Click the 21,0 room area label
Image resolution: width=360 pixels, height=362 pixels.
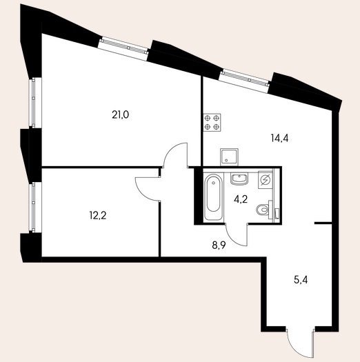click(x=120, y=114)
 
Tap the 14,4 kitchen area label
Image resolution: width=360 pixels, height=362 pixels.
click(x=279, y=139)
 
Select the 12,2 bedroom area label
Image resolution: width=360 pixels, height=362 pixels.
click(x=98, y=216)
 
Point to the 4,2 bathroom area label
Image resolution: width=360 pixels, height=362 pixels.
click(x=241, y=199)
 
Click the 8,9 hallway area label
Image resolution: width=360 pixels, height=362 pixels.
click(x=219, y=245)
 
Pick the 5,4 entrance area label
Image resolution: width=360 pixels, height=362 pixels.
click(x=301, y=280)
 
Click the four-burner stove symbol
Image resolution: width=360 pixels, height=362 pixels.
click(x=212, y=122)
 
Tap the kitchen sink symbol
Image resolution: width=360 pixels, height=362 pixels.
click(x=229, y=157)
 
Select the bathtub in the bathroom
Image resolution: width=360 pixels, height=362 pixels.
click(x=214, y=197)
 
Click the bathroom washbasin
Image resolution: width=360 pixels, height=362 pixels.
click(x=239, y=179)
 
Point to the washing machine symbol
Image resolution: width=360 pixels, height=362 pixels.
click(x=266, y=179)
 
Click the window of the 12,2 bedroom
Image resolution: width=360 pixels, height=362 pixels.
click(x=34, y=207)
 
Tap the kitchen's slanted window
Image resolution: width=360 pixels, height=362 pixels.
click(x=246, y=81)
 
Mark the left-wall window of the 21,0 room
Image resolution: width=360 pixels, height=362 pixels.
click(x=34, y=102)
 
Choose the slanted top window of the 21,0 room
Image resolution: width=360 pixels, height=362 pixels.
click(x=123, y=48)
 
